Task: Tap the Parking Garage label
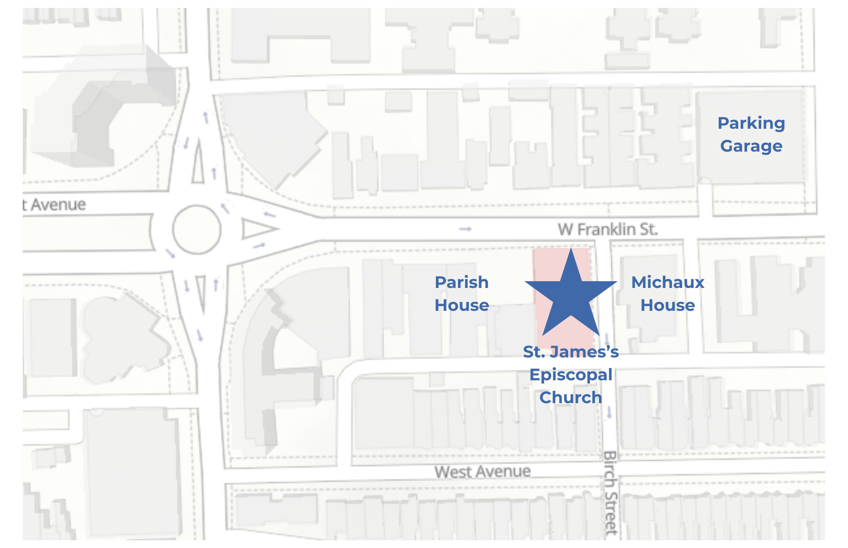pos(751,134)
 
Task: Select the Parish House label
pos(461,293)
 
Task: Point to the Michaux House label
pos(667,293)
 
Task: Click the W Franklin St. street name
pos(607,230)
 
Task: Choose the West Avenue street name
pos(482,471)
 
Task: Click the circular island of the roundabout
pos(197,230)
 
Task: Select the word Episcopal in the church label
pos(571,375)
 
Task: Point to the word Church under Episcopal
pos(571,398)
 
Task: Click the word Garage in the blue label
pos(751,146)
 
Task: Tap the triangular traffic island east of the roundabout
pos(257,229)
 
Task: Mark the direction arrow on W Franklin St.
pos(465,229)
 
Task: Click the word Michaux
pos(667,282)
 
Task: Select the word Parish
pos(461,282)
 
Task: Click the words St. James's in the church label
pos(571,352)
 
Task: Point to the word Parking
pos(751,123)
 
